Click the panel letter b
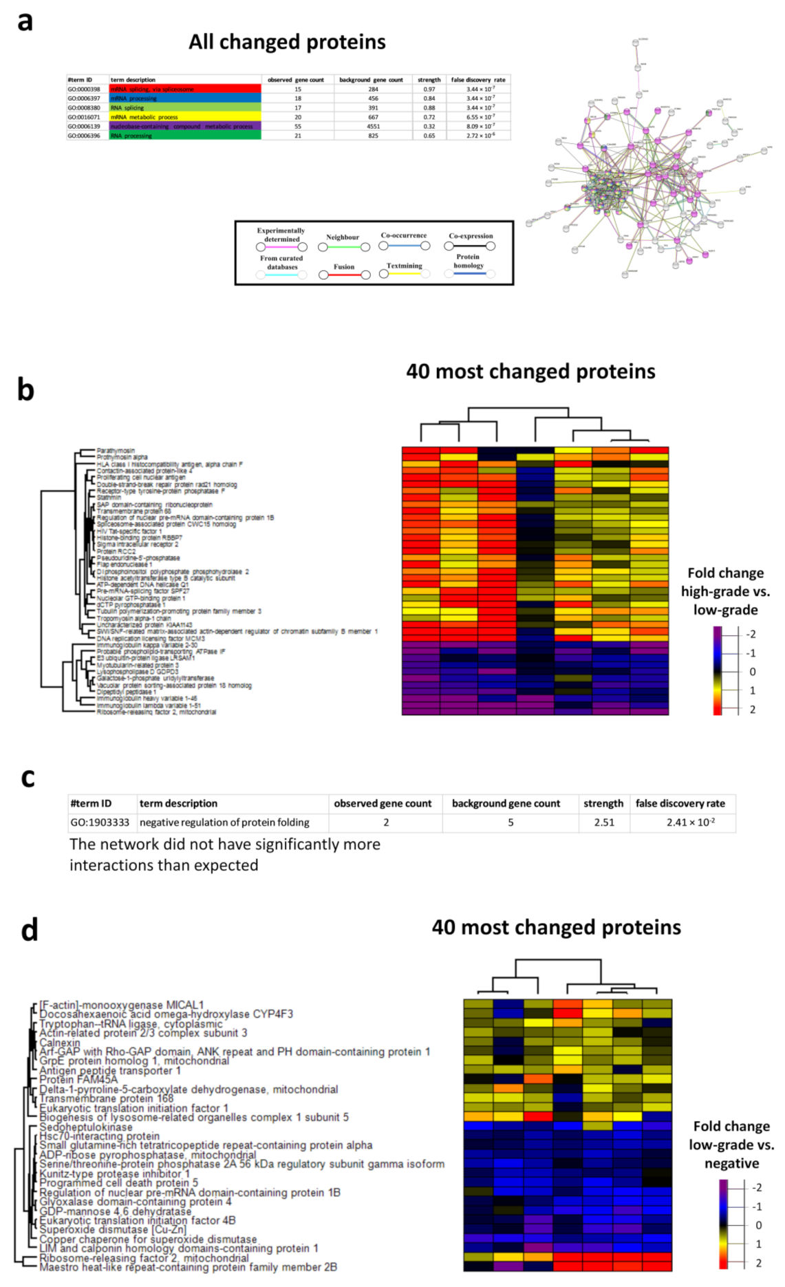pos(25,390)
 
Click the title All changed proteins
pos(287,42)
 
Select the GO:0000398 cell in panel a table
pos(84,89)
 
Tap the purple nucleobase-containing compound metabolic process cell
pos(184,127)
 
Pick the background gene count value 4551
pos(373,127)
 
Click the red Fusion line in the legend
pos(344,275)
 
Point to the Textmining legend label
pos(404,266)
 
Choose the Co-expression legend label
pos(471,236)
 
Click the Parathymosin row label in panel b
pos(116,451)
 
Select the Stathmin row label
pos(109,498)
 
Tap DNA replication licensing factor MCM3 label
pos(151,639)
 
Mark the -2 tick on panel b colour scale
pos(751,635)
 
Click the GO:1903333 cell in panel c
pos(100,822)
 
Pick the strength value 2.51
pos(604,822)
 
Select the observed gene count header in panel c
pos(383,803)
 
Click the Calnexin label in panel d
pos(60,1043)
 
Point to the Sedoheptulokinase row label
pos(86,1127)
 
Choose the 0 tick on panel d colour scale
pos(758,1226)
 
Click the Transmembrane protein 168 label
pos(107,1099)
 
